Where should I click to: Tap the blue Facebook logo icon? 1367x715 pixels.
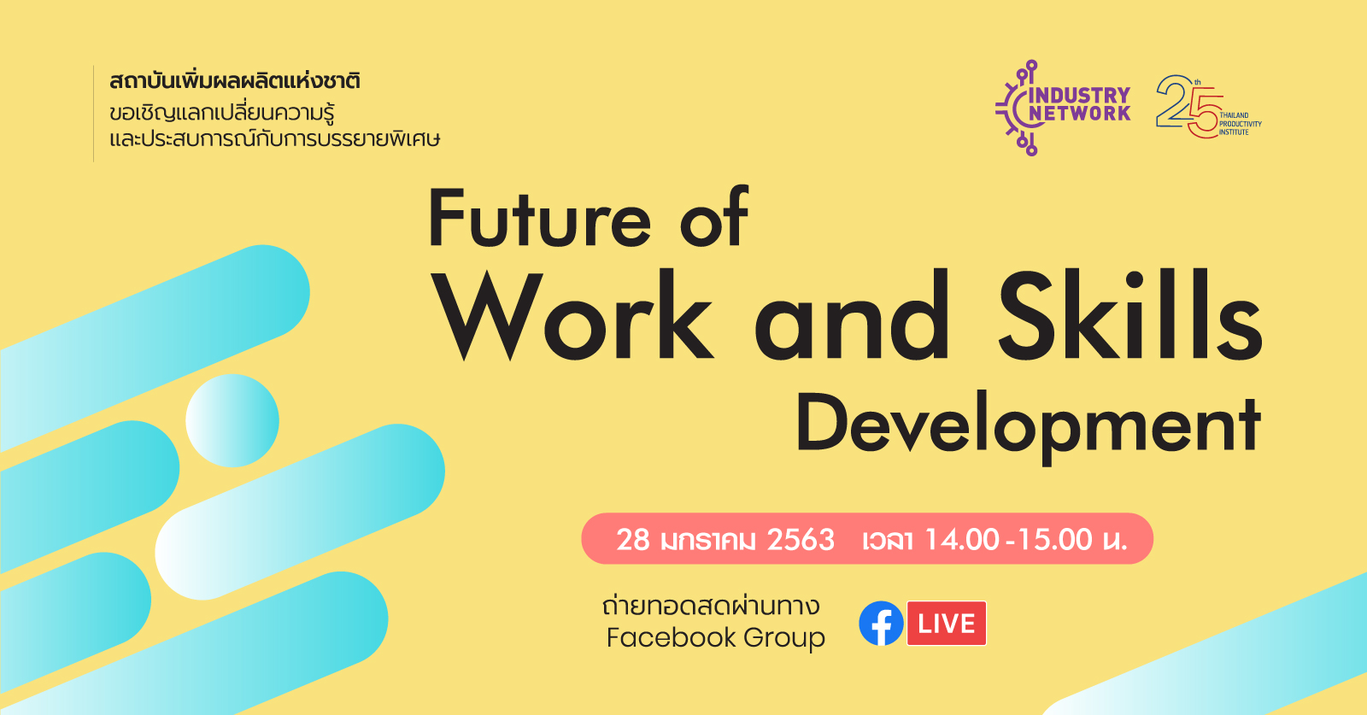[x=881, y=623]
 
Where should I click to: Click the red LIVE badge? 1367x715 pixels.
[x=947, y=623]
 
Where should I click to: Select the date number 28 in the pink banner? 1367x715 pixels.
[x=633, y=540]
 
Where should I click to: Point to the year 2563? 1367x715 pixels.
[x=800, y=540]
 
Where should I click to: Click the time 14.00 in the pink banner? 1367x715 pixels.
[x=962, y=540]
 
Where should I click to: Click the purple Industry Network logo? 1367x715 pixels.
[x=1063, y=108]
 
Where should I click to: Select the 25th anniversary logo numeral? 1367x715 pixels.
[x=1188, y=106]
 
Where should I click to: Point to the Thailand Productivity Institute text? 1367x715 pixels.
[x=1240, y=124]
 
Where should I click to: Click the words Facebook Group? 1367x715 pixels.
[x=715, y=638]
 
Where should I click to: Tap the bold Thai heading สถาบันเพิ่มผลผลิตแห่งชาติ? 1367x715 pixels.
[x=235, y=81]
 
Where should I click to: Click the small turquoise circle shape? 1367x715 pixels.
[x=232, y=420]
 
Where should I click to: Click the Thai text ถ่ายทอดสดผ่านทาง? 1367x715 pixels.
[x=711, y=606]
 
